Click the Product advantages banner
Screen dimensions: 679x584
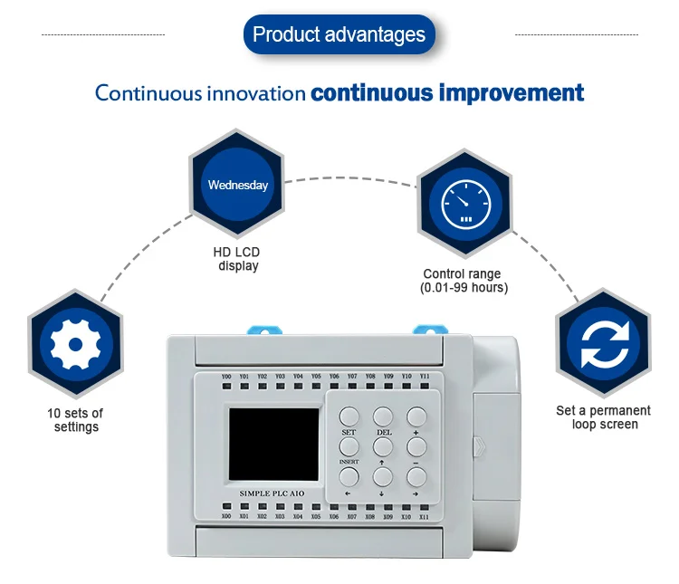tap(339, 35)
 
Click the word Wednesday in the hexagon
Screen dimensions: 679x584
tap(238, 185)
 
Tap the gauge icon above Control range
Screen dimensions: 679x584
tap(464, 205)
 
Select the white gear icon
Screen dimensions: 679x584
tap(74, 345)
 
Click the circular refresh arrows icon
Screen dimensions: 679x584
tap(602, 346)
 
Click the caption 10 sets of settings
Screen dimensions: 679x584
tap(75, 420)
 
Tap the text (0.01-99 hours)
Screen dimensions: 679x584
tap(464, 288)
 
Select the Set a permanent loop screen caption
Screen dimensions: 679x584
tap(603, 417)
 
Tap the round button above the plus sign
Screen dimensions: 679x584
tap(416, 416)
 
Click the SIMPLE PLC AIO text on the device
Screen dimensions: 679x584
tap(274, 493)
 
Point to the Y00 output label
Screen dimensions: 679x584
tap(226, 376)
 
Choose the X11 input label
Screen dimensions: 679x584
tap(424, 516)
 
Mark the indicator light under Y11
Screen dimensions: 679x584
tap(424, 388)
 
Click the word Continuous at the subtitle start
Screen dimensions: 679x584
tap(148, 93)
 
